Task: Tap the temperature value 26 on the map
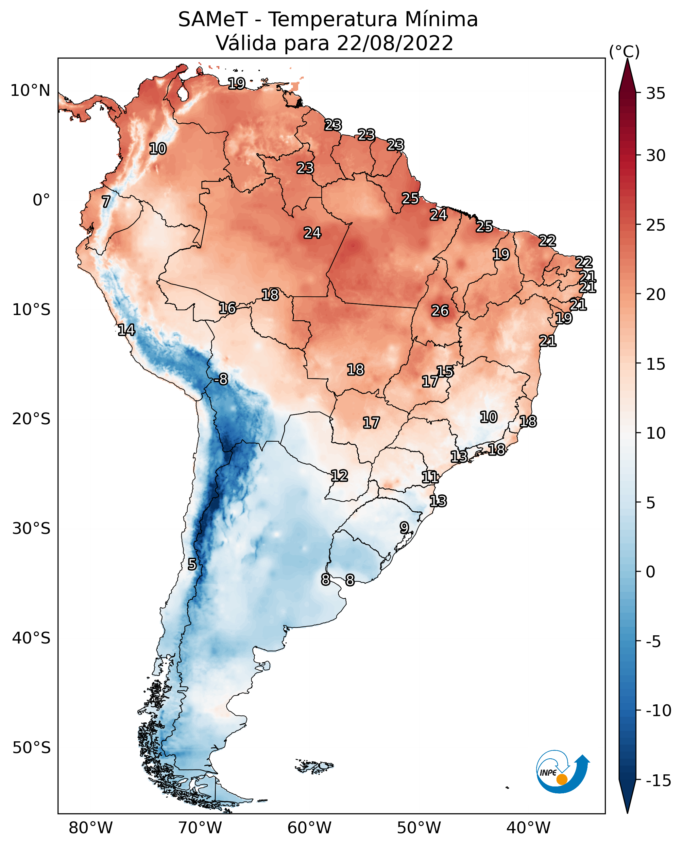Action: coord(440,311)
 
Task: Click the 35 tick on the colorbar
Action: coord(656,94)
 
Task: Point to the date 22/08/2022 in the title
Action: coord(395,43)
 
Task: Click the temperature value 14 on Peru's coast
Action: coord(126,330)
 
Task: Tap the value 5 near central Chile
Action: coord(192,565)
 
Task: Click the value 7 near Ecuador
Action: coord(106,202)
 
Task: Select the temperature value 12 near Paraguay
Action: coord(339,476)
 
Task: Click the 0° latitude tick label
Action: coord(41,200)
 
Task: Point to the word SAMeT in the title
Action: coord(213,20)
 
